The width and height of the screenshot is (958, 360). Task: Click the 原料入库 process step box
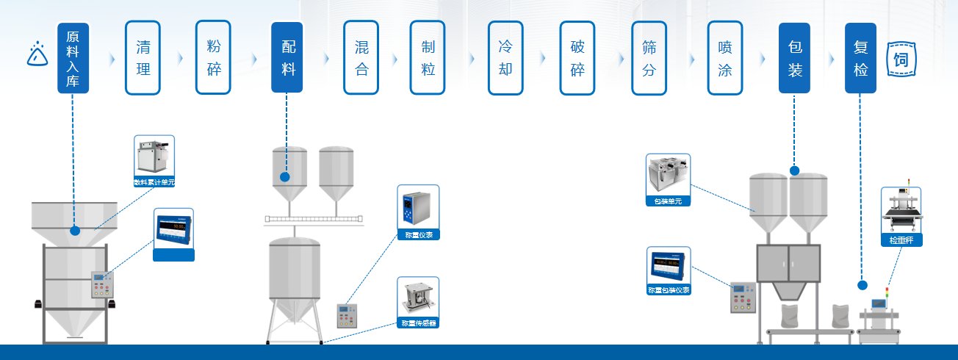click(x=73, y=57)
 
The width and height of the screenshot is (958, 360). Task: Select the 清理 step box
click(x=143, y=57)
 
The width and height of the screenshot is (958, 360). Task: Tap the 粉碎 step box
click(x=214, y=57)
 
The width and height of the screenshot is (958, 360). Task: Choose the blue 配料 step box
click(x=287, y=57)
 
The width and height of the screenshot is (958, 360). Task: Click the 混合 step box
click(x=361, y=57)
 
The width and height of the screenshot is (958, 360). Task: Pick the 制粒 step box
click(x=428, y=57)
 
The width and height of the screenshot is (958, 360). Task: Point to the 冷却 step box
click(x=505, y=57)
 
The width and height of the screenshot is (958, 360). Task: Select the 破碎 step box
click(x=577, y=57)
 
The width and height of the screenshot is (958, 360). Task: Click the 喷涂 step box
click(x=724, y=57)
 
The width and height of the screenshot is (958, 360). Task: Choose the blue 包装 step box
click(x=794, y=57)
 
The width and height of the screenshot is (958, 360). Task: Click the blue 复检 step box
click(x=860, y=57)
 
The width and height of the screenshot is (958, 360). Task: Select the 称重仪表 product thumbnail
click(x=418, y=212)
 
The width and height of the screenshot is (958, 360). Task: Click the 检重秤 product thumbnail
click(x=901, y=215)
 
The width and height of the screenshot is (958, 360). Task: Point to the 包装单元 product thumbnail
click(x=668, y=179)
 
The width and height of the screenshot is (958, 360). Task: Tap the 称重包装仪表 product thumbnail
click(x=669, y=270)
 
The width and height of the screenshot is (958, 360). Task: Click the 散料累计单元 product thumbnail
click(x=154, y=160)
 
